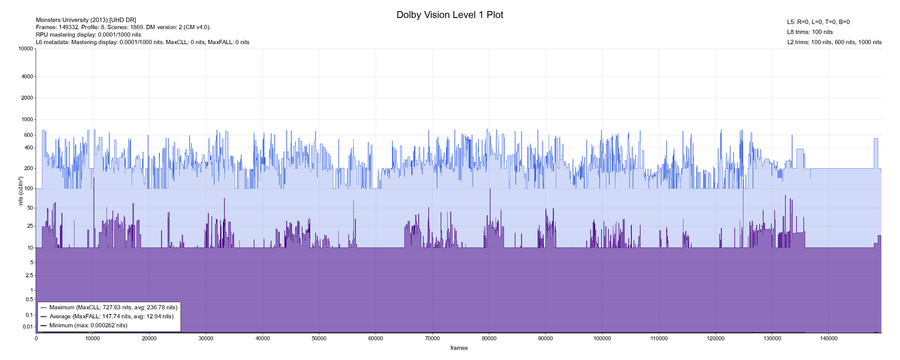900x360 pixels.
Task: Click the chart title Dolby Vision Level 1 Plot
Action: point(450,15)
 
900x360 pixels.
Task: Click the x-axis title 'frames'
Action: point(459,348)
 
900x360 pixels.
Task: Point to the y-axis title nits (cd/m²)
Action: point(21,191)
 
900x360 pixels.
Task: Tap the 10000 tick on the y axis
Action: point(26,49)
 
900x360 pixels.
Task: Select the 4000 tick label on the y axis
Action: point(28,76)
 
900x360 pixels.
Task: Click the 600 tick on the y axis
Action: point(29,135)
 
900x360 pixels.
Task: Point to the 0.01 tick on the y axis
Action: point(28,327)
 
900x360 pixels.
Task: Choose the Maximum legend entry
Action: point(113,308)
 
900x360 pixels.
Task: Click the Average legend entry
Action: point(111,316)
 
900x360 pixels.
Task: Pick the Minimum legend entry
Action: point(88,326)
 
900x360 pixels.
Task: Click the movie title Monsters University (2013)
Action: point(86,20)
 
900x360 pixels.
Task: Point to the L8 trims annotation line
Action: point(810,32)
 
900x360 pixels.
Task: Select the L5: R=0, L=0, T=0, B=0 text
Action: point(818,22)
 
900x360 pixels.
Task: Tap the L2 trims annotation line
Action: point(834,42)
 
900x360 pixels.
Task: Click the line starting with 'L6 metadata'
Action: point(142,42)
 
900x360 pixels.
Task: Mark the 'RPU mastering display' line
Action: point(88,34)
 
